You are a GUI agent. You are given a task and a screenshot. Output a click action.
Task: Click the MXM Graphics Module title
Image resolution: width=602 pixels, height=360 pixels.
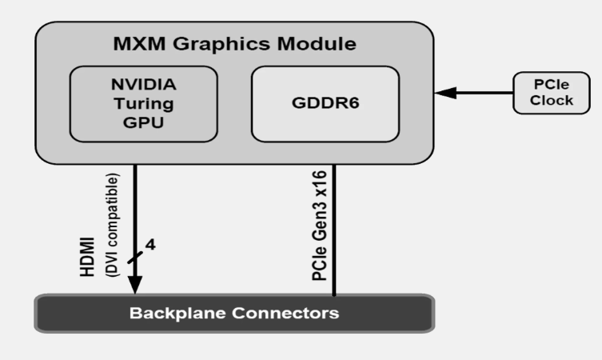pyautogui.click(x=234, y=42)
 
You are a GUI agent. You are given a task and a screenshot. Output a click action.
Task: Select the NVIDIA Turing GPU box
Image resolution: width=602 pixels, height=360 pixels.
pyautogui.click(x=143, y=104)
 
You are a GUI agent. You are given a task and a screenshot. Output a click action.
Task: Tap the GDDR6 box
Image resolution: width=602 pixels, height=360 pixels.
pyautogui.click(x=325, y=104)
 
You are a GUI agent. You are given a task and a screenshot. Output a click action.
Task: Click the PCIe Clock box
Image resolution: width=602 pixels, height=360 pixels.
pyautogui.click(x=553, y=92)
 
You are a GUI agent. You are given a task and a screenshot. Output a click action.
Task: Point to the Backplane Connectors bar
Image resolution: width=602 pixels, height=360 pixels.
pyautogui.click(x=234, y=313)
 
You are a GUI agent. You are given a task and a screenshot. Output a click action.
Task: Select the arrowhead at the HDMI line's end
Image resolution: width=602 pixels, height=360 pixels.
pyautogui.click(x=135, y=284)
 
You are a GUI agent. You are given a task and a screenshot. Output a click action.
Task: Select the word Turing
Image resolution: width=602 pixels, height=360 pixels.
pyautogui.click(x=143, y=104)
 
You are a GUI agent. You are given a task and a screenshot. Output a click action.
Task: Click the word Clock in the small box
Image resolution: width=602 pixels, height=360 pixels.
pyautogui.click(x=553, y=100)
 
